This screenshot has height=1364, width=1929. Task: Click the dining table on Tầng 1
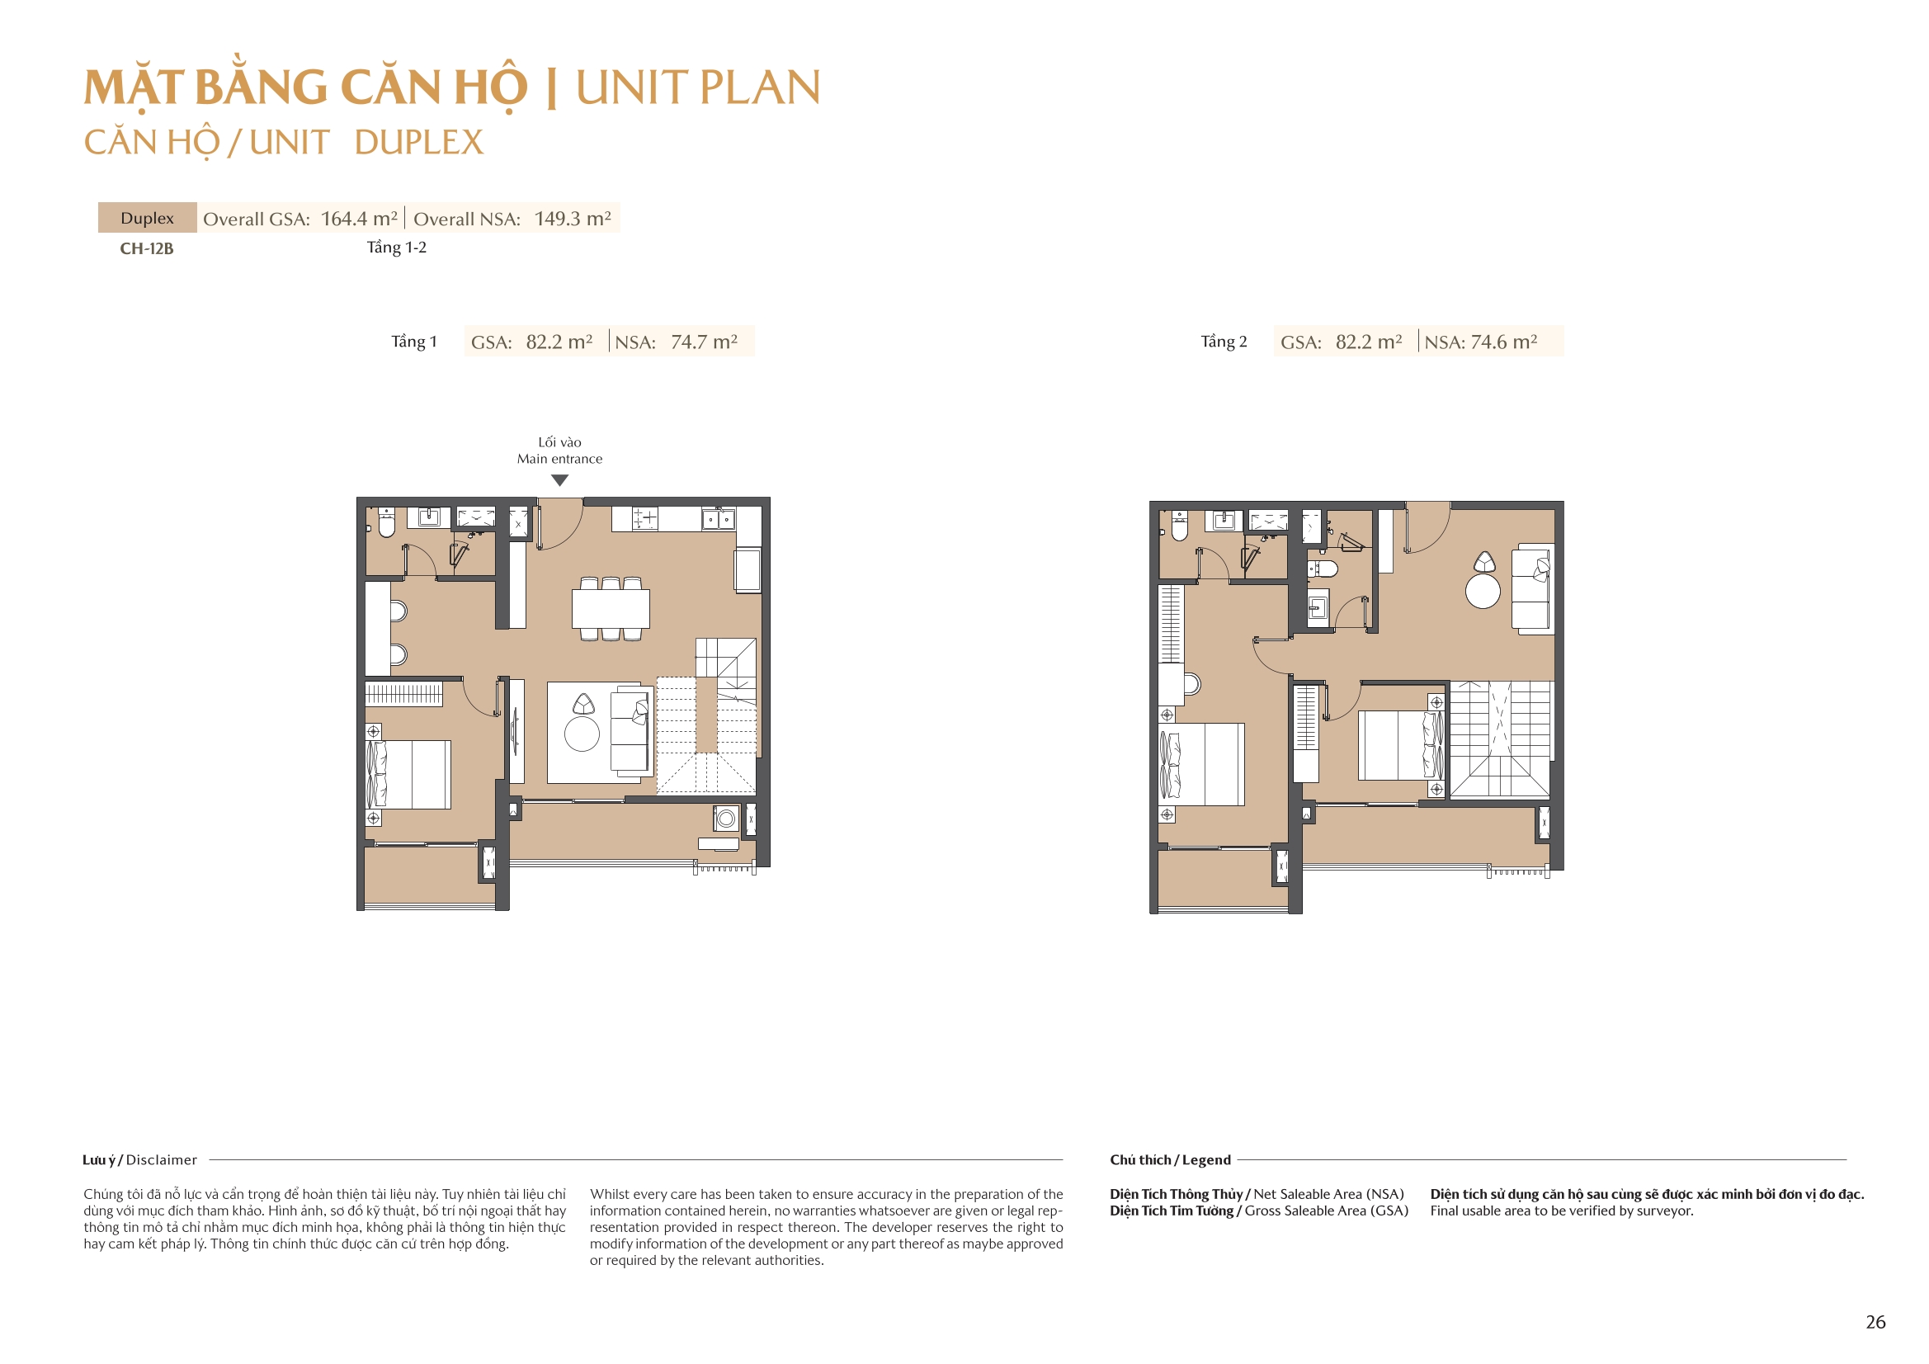[610, 608]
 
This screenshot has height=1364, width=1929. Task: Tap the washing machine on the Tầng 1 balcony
[726, 818]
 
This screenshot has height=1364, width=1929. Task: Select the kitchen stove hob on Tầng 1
[645, 517]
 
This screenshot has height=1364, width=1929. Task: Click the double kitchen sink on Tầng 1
[719, 519]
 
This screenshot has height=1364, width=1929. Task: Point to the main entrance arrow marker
[559, 481]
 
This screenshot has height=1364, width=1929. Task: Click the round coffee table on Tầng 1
[582, 734]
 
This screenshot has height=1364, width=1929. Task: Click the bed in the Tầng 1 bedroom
[409, 774]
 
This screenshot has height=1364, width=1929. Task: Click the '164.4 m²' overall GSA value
[359, 219]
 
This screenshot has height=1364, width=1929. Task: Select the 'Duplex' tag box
[147, 218]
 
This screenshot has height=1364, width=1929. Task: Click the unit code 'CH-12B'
[146, 248]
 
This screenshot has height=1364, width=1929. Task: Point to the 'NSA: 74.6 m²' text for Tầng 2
[1480, 342]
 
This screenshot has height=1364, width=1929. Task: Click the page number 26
[1875, 1322]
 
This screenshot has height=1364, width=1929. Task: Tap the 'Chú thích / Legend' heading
[1169, 1160]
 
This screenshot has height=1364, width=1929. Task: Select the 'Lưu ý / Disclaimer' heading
[139, 1160]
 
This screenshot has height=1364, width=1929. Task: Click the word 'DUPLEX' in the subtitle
[418, 143]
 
